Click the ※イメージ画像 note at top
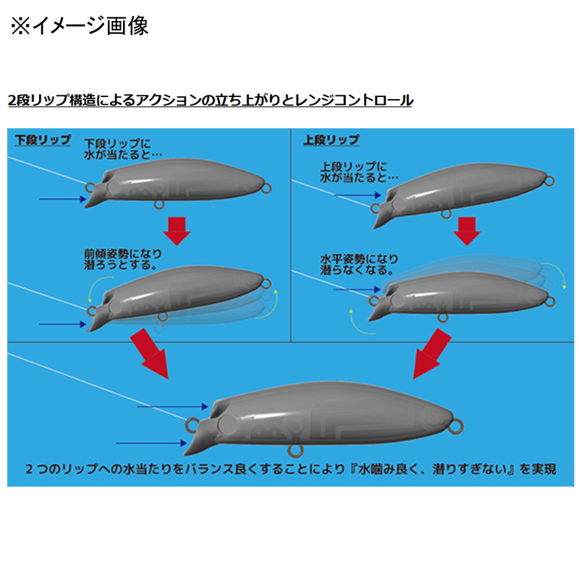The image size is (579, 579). coord(80,26)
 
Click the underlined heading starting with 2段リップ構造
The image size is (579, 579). coord(210,100)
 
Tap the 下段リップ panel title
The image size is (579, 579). coord(43,140)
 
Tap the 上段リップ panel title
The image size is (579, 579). coord(331,140)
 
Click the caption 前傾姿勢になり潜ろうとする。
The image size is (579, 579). coord(123,259)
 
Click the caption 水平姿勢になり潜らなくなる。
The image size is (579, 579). coord(359,264)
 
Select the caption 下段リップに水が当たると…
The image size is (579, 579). coord(123,149)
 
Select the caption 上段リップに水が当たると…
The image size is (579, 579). coord(359,172)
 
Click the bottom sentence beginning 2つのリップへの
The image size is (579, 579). coord(291,469)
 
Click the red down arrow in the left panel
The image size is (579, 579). coord(177,231)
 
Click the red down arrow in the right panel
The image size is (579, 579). coord(467,231)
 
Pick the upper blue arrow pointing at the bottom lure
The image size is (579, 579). coord(173,407)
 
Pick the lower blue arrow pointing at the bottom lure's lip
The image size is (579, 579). coord(151,443)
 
